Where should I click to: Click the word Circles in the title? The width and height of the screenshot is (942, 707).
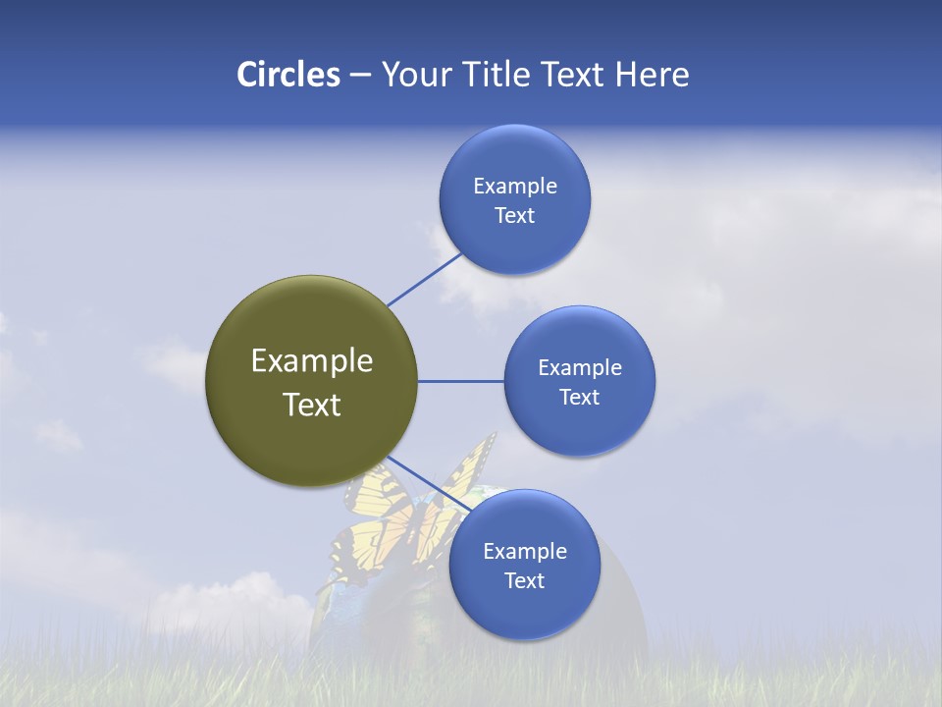(288, 75)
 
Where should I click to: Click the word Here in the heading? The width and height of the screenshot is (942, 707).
(652, 75)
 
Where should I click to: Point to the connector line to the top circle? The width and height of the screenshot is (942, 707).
(425, 279)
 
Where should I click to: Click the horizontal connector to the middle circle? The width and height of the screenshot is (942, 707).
(460, 381)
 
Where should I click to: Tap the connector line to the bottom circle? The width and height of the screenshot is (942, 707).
(430, 485)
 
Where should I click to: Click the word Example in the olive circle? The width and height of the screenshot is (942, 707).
(312, 361)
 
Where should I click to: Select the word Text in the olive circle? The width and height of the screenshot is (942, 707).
(312, 405)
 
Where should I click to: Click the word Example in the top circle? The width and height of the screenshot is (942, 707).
(514, 187)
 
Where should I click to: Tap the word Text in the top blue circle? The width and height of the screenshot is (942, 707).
(514, 216)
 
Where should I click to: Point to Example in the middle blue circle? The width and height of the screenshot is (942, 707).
(579, 368)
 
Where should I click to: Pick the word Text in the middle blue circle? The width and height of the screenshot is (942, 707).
(579, 398)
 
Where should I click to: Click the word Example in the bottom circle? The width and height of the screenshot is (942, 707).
(524, 552)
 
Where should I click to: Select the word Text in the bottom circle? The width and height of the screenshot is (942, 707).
(524, 581)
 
